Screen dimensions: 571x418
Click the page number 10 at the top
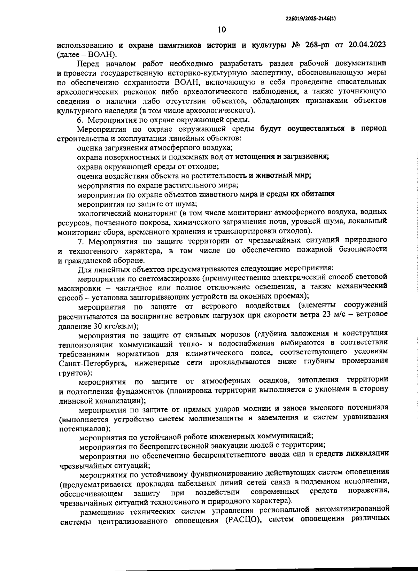(x=222, y=30)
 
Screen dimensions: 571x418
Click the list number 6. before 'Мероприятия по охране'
(x=80, y=120)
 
